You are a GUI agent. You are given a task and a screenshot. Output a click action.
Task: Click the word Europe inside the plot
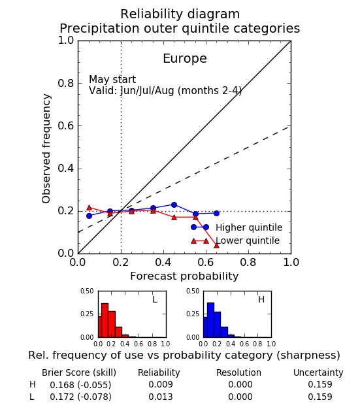coord(185,59)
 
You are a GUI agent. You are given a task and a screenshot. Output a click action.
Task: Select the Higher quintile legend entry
coord(237,227)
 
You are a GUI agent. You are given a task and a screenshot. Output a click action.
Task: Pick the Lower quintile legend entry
coord(235,240)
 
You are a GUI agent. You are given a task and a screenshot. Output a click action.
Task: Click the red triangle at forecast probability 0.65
coord(216,246)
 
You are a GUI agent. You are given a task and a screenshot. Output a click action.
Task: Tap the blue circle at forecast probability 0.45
coord(174,205)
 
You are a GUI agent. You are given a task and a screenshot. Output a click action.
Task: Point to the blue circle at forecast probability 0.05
coord(89,216)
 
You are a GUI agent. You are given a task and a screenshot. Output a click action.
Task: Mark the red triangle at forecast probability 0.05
coord(89,208)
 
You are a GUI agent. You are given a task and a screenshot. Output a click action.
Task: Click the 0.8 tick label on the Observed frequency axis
coord(66,84)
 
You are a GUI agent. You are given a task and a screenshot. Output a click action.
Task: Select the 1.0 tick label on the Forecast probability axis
coord(291,262)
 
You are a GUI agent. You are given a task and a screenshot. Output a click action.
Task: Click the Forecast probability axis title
coord(184,276)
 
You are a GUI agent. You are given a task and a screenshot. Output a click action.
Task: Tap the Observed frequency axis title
coord(46,148)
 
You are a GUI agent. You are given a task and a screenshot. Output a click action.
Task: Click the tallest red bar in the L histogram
coord(105,320)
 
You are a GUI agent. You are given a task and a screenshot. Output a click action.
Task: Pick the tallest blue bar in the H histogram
coord(210,320)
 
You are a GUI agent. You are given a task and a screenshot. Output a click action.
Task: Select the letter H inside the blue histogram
coord(261,299)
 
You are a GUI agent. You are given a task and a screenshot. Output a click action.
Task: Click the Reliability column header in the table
coord(159,372)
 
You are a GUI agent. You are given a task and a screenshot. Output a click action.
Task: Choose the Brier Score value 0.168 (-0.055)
coord(80,385)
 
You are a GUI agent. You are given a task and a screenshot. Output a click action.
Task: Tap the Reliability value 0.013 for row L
coord(161,397)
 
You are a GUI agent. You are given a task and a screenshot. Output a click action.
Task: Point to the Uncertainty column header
coord(318,372)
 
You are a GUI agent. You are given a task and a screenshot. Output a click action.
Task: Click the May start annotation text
coord(112,80)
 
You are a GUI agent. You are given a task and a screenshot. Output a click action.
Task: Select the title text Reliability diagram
coord(180,14)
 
